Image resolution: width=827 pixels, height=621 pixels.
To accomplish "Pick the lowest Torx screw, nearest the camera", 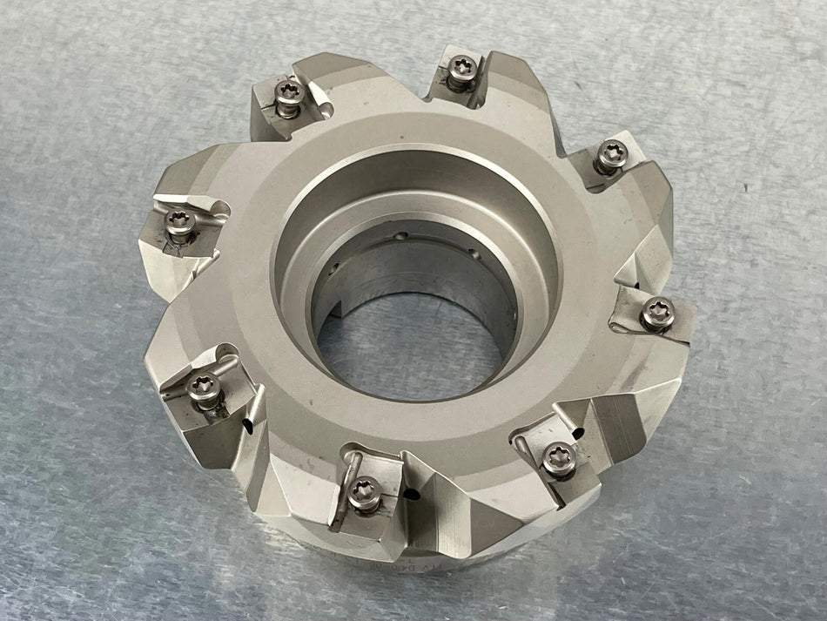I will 364,491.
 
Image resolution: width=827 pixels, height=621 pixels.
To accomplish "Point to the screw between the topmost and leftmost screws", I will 288,95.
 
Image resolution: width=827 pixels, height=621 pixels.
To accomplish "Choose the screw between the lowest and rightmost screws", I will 557,456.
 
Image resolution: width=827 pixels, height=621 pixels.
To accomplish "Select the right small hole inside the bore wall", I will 474,253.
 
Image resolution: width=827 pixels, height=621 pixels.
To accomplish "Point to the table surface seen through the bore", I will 409,348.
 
